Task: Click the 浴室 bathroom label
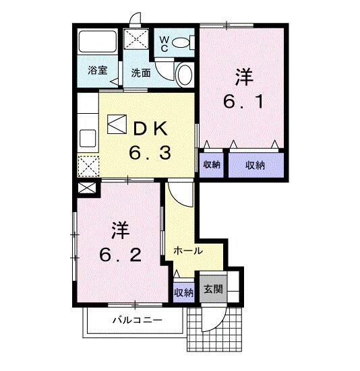click(x=97, y=70)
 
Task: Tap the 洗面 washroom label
click(x=141, y=72)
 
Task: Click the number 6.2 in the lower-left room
click(x=121, y=255)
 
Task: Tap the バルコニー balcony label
click(x=137, y=321)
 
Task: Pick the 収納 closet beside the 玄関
click(x=183, y=292)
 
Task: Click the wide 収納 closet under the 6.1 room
click(x=255, y=165)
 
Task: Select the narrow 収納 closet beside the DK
click(x=212, y=165)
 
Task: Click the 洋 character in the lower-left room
click(x=121, y=230)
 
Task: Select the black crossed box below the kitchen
click(x=87, y=189)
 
